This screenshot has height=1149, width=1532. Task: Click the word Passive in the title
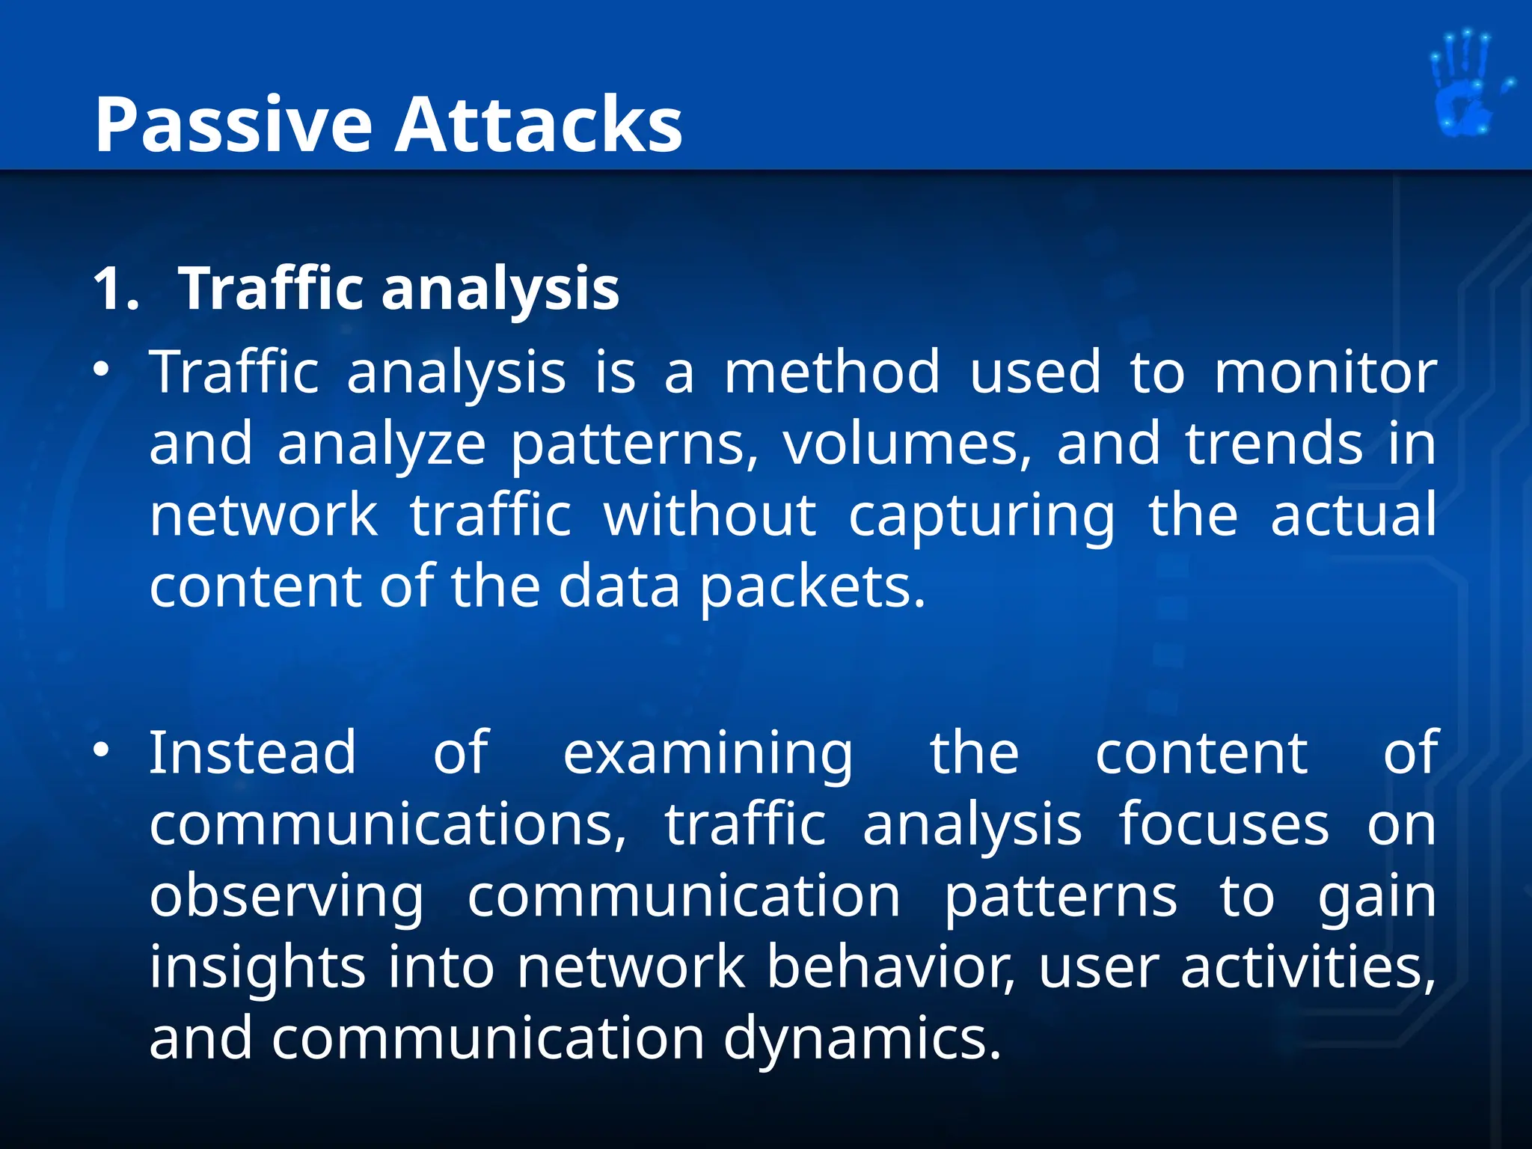pyautogui.click(x=233, y=126)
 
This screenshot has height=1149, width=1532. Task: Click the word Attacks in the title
pyautogui.click(x=539, y=126)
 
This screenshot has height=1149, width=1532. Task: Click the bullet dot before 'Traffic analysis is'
pyautogui.click(x=102, y=370)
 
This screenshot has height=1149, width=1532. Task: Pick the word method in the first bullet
pyautogui.click(x=831, y=372)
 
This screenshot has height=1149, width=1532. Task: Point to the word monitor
pyautogui.click(x=1325, y=372)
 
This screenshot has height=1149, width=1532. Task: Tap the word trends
pyautogui.click(x=1274, y=444)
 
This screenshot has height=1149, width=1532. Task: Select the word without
pyautogui.click(x=710, y=515)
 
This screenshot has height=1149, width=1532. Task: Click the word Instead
pyautogui.click(x=253, y=753)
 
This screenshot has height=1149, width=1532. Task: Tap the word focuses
pyautogui.click(x=1223, y=824)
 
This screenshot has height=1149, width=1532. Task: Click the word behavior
pyautogui.click(x=890, y=966)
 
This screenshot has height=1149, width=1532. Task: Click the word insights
pyautogui.click(x=257, y=968)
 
